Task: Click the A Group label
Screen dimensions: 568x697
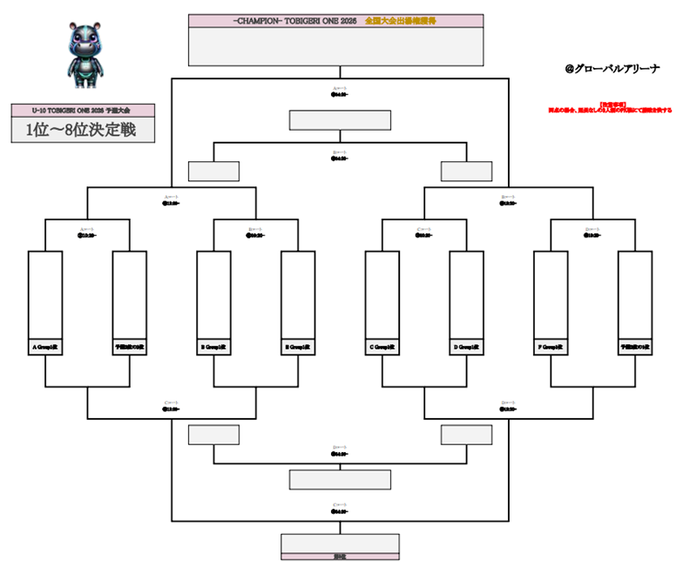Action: tap(44, 346)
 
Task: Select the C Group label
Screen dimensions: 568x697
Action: tap(382, 346)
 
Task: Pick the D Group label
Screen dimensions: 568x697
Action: tap(466, 346)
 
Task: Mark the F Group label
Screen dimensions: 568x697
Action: tap(550, 346)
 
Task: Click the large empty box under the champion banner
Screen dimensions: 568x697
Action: tap(336, 46)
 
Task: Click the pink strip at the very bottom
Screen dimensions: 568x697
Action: tap(340, 556)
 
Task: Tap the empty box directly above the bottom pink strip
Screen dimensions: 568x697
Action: tap(340, 543)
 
